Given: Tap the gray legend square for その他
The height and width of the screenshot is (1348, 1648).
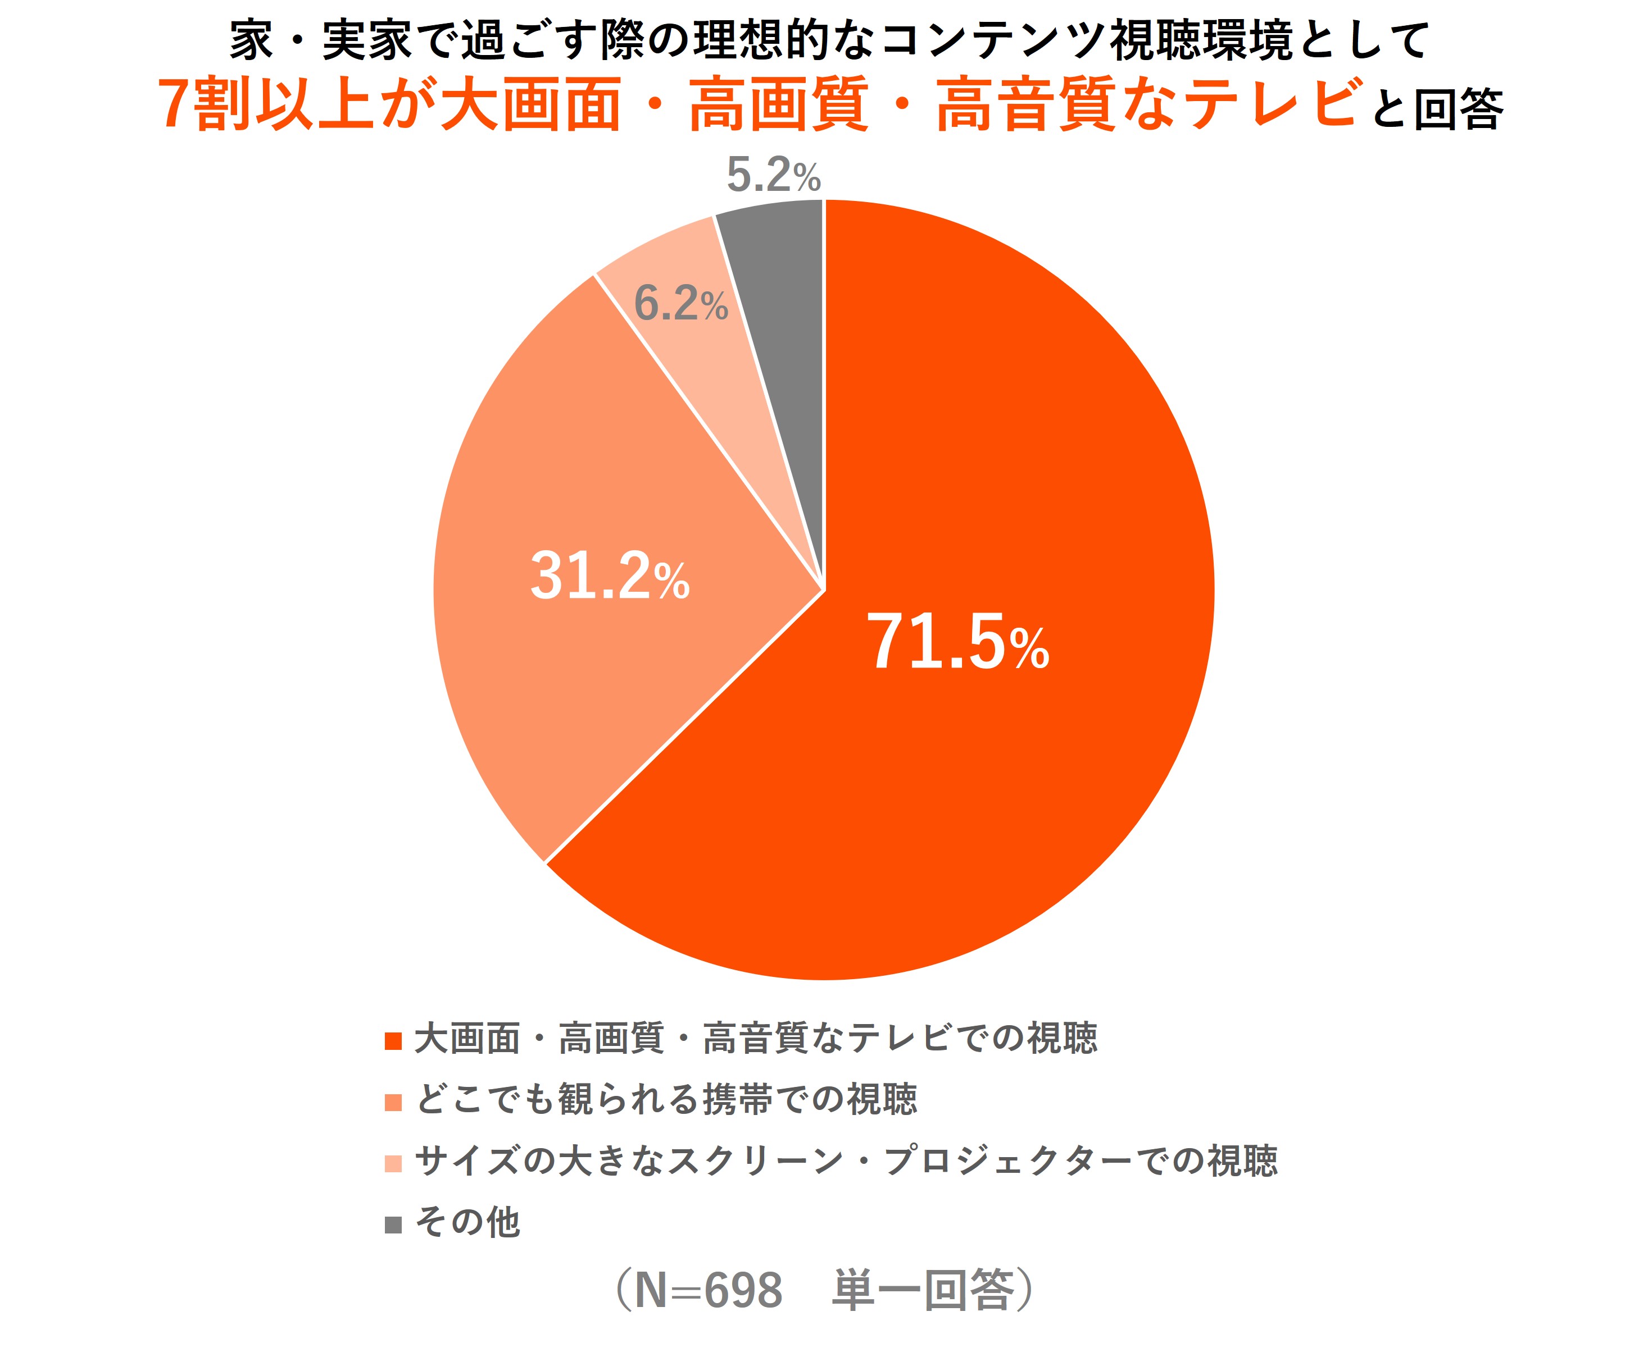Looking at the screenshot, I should coord(393,1224).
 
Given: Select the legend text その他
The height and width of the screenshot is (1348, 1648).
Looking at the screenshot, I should coord(467,1222).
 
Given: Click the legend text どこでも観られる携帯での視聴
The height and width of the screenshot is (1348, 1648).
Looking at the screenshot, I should coord(666,1100).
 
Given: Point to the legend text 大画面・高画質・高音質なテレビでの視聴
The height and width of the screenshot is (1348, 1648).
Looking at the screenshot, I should coord(756,1039).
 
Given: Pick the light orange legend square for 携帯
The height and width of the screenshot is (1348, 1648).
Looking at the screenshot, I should coord(393,1103).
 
